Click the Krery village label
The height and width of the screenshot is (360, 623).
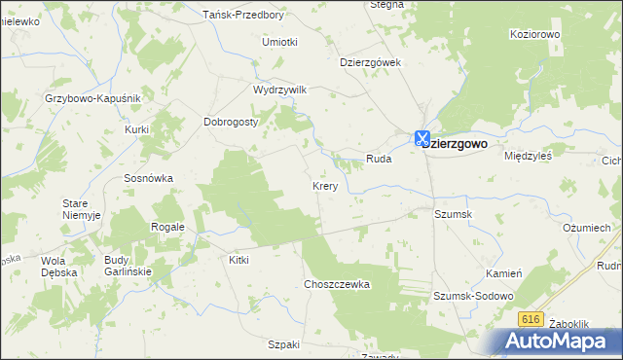pos(325,186)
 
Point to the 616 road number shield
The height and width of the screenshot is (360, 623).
pos(530,319)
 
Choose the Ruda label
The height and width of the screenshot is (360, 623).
pos(378,158)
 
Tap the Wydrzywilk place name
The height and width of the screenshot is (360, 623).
pos(279,90)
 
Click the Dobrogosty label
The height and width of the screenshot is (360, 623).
pos(230,123)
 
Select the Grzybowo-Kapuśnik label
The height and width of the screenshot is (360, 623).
pos(93,99)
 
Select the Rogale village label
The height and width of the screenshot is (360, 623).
pos(167,227)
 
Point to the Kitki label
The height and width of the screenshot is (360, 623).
pos(238,260)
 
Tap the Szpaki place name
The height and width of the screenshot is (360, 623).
pos(283,344)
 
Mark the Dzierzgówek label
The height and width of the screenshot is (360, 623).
pos(371,61)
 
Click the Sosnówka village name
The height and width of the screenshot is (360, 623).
pos(148,179)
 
